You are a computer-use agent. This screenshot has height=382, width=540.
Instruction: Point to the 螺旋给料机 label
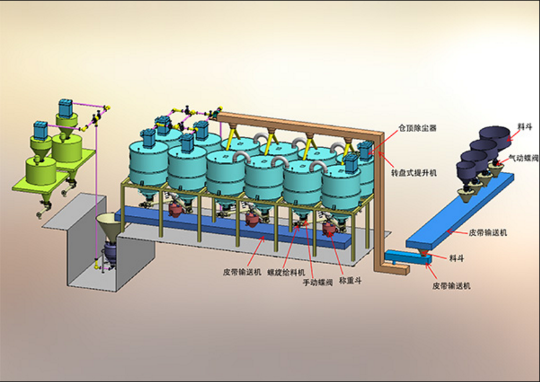tap(286, 272)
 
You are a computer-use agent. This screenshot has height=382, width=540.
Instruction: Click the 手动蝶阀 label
tap(317, 282)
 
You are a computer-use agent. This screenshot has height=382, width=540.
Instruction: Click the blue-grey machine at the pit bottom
tap(108, 254)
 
